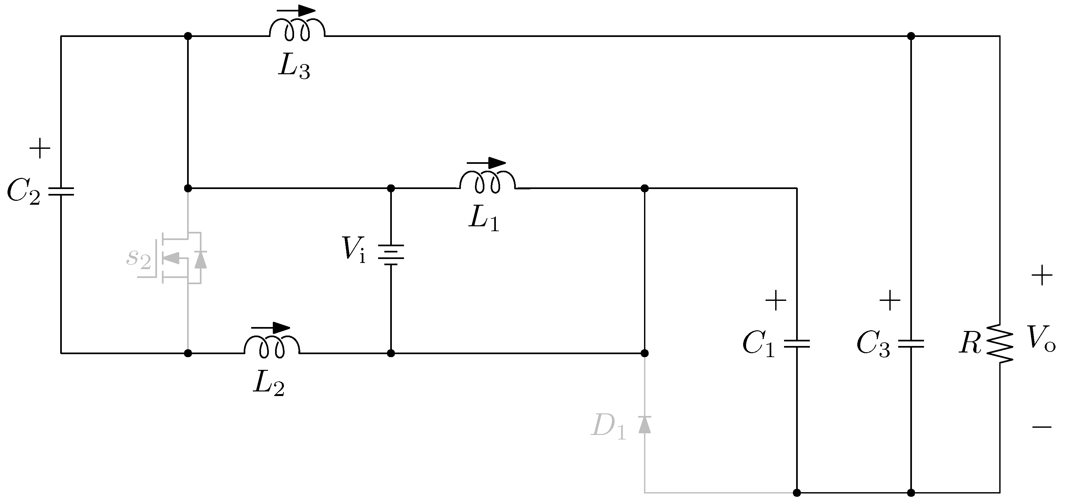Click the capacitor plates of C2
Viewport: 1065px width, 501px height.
pyautogui.click(x=61, y=191)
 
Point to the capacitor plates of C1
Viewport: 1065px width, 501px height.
pyautogui.click(x=797, y=343)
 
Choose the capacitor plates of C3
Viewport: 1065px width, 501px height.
pyautogui.click(x=911, y=343)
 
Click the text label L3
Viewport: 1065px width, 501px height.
pyautogui.click(x=293, y=67)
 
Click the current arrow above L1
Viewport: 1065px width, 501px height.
pyautogui.click(x=486, y=163)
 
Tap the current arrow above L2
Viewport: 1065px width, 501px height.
pyautogui.click(x=271, y=328)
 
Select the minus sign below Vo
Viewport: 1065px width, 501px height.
pyautogui.click(x=1042, y=426)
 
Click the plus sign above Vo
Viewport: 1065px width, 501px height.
pyautogui.click(x=1042, y=275)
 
